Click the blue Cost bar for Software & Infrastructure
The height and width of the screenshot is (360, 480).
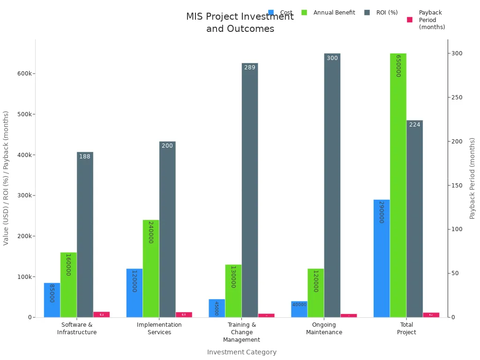pyautogui.click(x=52, y=300)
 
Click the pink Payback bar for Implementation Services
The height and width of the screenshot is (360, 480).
pyautogui.click(x=184, y=315)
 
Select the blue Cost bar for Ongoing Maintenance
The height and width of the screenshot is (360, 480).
pyautogui.click(x=299, y=309)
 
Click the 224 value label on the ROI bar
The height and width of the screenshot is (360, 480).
pyautogui.click(x=414, y=125)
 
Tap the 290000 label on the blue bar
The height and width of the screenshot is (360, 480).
pyautogui.click(x=382, y=212)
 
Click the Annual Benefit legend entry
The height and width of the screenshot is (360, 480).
pyautogui.click(x=328, y=13)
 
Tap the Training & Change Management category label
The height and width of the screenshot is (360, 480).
pyautogui.click(x=241, y=332)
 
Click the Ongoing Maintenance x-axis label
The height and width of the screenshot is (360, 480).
pyautogui.click(x=324, y=329)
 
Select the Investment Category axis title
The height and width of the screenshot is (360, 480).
pyautogui.click(x=241, y=352)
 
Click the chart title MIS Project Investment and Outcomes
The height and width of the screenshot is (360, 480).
pyautogui.click(x=240, y=22)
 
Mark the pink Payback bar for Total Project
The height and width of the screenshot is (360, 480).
pyautogui.click(x=431, y=315)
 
